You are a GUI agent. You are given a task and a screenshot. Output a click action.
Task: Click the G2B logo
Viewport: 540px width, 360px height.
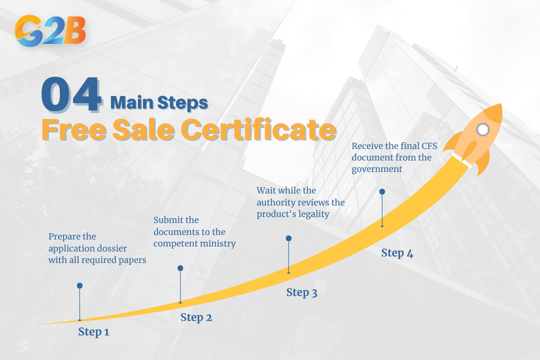tap(50, 31)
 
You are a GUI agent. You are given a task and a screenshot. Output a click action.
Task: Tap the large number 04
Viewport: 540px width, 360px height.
tap(71, 95)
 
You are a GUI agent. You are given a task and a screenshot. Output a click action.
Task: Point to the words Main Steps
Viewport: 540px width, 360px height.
tap(159, 102)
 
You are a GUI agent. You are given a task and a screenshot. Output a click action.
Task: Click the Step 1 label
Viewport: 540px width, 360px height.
tap(93, 331)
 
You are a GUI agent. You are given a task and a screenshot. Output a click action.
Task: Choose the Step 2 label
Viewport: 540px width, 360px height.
tap(196, 317)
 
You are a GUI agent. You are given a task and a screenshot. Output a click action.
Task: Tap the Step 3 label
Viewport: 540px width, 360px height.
tap(301, 292)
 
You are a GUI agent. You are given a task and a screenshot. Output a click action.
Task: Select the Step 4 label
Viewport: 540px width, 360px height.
tap(397, 253)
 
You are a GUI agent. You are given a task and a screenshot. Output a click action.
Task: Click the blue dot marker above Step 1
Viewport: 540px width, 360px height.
tap(79, 285)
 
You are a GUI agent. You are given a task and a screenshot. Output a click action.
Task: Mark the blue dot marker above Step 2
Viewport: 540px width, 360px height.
tap(180, 268)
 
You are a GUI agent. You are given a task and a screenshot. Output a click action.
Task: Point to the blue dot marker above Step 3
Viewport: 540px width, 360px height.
tap(288, 238)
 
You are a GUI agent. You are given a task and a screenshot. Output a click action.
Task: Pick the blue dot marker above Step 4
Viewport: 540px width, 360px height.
tap(382, 191)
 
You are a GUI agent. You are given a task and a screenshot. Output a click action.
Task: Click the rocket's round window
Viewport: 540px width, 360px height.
tap(482, 130)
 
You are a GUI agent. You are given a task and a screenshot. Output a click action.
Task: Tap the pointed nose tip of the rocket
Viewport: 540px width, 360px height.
tap(499, 106)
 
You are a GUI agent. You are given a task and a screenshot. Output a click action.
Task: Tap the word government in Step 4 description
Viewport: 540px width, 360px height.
tap(376, 169)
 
